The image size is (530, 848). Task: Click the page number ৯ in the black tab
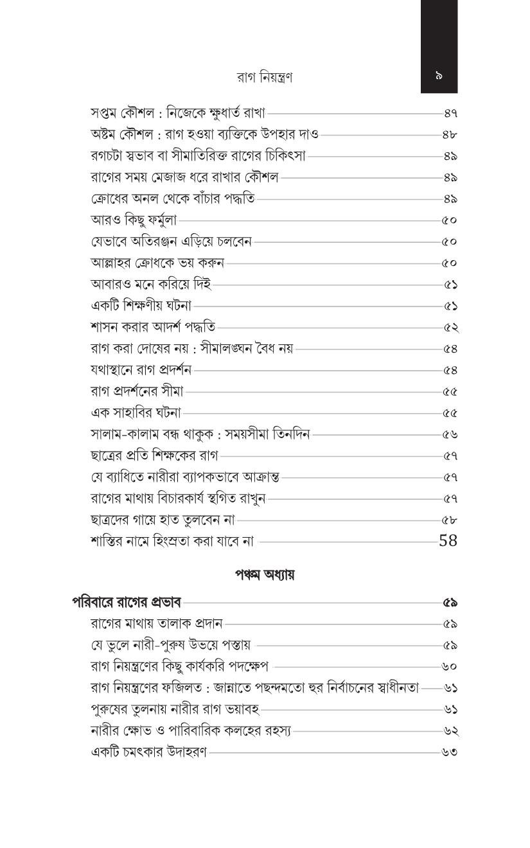click(439, 76)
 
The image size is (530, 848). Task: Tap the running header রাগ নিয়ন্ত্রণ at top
click(265, 78)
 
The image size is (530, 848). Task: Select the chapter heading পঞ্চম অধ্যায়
click(265, 574)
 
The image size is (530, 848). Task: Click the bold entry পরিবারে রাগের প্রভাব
click(127, 603)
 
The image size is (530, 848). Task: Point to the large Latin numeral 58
click(448, 540)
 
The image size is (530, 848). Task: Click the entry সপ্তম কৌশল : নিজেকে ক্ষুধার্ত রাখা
click(178, 113)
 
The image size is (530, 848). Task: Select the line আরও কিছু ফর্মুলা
click(134, 220)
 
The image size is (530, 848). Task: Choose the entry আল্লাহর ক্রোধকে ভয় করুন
click(157, 263)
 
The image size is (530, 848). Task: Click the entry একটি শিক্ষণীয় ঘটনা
click(141, 306)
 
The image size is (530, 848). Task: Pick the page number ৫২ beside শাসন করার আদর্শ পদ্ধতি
click(450, 328)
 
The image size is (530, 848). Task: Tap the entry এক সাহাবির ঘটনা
click(136, 412)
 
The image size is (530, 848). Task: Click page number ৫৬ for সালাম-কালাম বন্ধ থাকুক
click(450, 434)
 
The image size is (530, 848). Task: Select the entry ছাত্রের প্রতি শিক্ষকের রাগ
click(155, 455)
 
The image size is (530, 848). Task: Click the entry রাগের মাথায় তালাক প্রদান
click(157, 623)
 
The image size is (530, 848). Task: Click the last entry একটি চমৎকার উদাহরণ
click(149, 752)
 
